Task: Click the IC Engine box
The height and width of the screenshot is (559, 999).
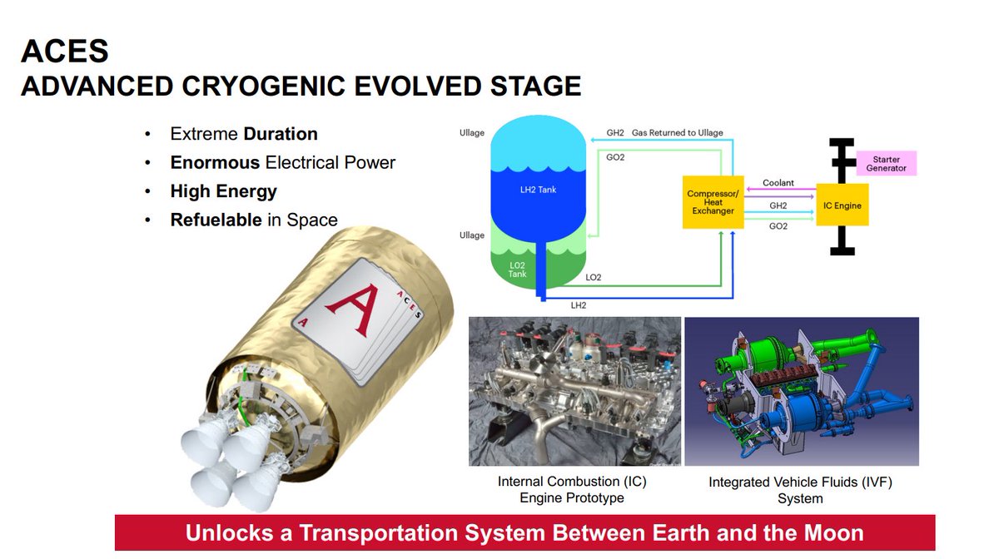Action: point(842,205)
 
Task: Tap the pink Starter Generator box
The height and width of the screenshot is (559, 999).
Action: point(886,163)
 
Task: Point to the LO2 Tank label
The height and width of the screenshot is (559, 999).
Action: point(518,269)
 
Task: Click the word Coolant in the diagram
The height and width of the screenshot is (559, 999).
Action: point(778,183)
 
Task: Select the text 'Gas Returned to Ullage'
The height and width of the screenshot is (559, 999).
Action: point(677,133)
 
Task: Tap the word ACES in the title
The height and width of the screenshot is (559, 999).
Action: point(65,52)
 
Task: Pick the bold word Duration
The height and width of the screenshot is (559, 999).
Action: point(281,134)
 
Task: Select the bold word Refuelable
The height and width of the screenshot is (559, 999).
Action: point(216,220)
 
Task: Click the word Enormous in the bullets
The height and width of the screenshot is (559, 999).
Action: point(216,162)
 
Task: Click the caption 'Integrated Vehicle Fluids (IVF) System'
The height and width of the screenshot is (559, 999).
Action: point(800,490)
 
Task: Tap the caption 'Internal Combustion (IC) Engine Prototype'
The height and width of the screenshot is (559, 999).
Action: point(572,489)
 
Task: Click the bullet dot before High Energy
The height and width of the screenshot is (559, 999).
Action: point(147,191)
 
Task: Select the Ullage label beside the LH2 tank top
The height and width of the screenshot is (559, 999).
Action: point(471,133)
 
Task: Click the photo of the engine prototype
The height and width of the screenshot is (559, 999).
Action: point(574,391)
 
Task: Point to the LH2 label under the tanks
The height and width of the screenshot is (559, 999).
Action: point(579,305)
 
